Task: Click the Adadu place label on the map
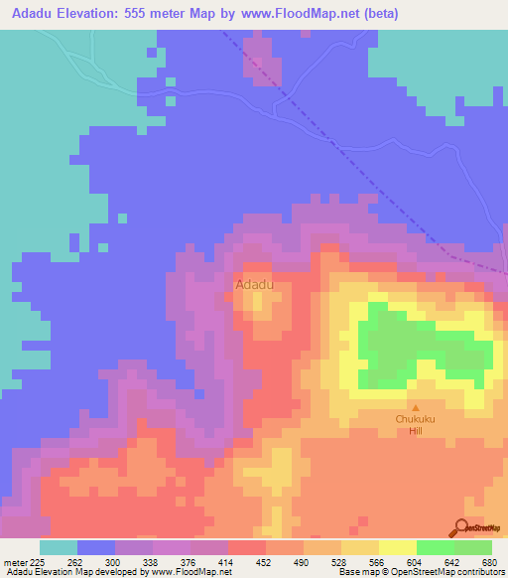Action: pyautogui.click(x=254, y=285)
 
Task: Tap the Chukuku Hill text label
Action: pyautogui.click(x=416, y=424)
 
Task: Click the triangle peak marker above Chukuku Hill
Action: pyautogui.click(x=416, y=407)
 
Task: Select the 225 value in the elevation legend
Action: pyautogui.click(x=37, y=560)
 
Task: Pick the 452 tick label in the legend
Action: pyautogui.click(x=264, y=560)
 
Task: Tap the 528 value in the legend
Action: pyautogui.click(x=339, y=560)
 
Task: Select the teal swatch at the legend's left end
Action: pyautogui.click(x=59, y=547)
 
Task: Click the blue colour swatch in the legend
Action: pyautogui.click(x=96, y=547)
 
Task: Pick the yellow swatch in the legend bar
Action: pyautogui.click(x=398, y=547)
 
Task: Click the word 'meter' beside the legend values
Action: pyautogui.click(x=13, y=560)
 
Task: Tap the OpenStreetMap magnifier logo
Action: pyautogui.click(x=462, y=528)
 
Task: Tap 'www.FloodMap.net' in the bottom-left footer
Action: pyautogui.click(x=189, y=572)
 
